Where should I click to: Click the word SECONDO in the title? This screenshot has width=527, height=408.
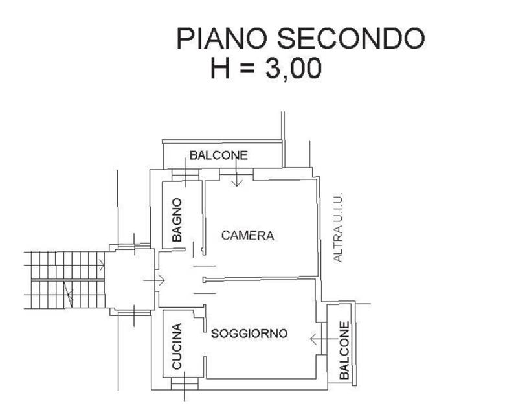coord(351,38)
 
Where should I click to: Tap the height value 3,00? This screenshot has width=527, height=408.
coord(293,67)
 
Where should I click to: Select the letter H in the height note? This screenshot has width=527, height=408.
coord(221,67)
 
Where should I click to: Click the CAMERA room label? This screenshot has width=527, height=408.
coord(247,236)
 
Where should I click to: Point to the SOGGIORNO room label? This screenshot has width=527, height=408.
coord(249,334)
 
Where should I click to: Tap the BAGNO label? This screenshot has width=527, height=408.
coord(177,220)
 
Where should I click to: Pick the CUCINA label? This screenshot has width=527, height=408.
coord(177,346)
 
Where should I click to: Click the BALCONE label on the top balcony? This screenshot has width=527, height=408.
coord(218,155)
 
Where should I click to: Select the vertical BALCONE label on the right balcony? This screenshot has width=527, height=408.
coord(344,350)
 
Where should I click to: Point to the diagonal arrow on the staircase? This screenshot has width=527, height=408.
coord(69,296)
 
